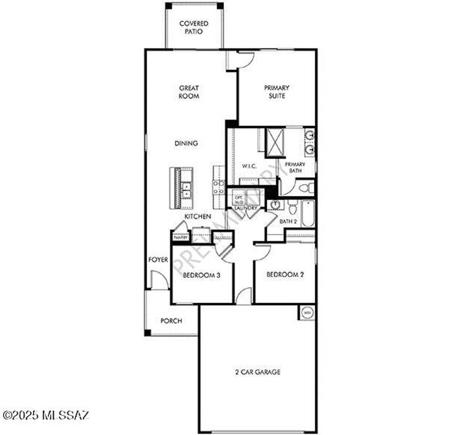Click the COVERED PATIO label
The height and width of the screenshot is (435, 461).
click(x=194, y=27)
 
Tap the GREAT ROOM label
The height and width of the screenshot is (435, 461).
click(x=189, y=92)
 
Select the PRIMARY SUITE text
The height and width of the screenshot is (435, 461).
click(x=276, y=92)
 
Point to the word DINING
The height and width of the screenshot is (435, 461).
click(x=186, y=143)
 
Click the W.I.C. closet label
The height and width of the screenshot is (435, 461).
click(x=250, y=166)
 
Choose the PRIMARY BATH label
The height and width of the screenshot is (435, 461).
click(x=294, y=167)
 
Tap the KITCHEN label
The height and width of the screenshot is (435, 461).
click(x=197, y=216)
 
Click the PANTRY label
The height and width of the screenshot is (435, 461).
click(x=181, y=237)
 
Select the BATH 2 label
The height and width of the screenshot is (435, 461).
click(x=288, y=221)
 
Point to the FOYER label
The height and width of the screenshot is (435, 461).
click(x=158, y=259)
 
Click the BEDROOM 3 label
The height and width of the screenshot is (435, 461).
click(x=201, y=275)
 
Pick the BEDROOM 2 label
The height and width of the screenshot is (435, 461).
click(x=285, y=275)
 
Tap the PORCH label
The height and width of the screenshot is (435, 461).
click(x=171, y=321)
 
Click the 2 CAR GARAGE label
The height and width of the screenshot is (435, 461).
click(x=258, y=372)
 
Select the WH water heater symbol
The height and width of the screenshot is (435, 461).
click(x=308, y=312)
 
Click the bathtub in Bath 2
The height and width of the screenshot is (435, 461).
click(x=308, y=214)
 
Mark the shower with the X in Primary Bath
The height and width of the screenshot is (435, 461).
click(x=276, y=141)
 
